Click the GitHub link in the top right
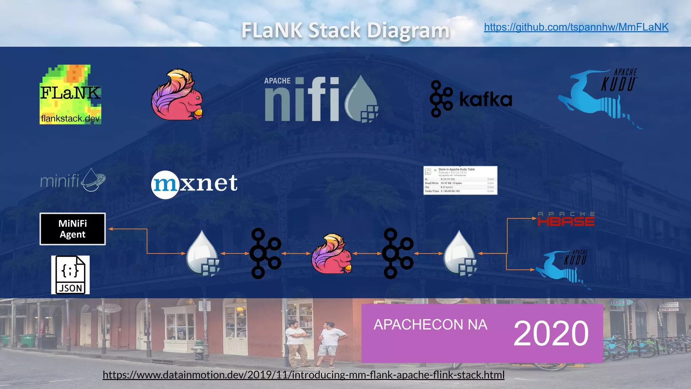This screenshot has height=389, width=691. [x=576, y=27]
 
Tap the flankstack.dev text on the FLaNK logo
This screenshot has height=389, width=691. [x=70, y=119]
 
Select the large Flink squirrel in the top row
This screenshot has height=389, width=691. [x=177, y=95]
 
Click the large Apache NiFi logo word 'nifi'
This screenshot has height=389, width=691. [x=302, y=99]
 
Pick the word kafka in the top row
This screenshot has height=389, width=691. [x=486, y=100]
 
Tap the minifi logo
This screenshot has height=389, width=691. [x=73, y=180]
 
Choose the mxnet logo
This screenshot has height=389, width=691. [x=194, y=183]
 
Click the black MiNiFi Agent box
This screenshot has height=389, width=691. [x=73, y=229]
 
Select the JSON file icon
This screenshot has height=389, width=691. [x=70, y=275]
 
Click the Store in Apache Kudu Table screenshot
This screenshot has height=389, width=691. [x=460, y=180]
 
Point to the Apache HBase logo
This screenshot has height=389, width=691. [x=566, y=219]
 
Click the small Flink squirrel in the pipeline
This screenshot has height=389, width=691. [x=331, y=254]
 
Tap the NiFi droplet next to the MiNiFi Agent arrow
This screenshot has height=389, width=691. [x=203, y=253]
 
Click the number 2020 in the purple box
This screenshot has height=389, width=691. [x=551, y=334]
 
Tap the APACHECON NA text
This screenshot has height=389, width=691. [x=430, y=325]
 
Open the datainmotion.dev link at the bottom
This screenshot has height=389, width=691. [x=303, y=375]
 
